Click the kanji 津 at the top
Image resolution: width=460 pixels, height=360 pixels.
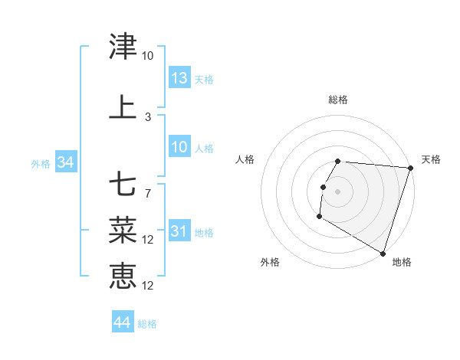123,47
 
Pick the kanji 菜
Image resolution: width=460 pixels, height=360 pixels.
123,230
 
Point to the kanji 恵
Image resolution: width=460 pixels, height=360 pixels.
123,276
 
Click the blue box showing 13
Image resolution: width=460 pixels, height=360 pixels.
179,78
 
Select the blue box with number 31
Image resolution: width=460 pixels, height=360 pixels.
179,231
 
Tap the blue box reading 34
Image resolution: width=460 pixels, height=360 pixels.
65,162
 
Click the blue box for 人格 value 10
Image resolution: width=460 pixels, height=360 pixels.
179,147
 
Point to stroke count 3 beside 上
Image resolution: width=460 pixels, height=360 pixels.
148,117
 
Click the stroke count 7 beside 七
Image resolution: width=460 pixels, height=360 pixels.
148,193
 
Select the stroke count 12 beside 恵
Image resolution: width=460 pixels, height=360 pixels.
149,286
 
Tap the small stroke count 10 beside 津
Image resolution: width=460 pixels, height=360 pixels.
148,56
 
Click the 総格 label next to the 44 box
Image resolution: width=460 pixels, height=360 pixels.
147,324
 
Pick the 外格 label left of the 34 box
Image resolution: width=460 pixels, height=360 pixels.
41,163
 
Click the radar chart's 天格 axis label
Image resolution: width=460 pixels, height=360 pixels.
431,159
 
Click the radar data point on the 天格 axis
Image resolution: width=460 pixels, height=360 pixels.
411,168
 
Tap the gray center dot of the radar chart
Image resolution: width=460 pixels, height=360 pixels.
337,191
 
